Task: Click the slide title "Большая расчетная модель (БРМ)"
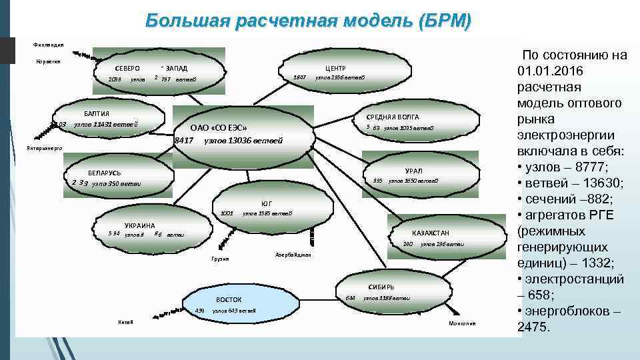308,21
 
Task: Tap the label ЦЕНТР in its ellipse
335,68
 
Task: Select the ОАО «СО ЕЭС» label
219,128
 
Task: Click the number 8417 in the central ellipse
183,141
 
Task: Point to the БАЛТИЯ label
97,113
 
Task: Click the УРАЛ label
413,171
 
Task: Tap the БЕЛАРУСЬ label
105,172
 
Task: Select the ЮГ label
267,203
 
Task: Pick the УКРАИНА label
139,225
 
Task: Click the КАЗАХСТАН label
431,233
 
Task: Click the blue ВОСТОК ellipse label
229,300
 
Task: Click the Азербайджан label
293,255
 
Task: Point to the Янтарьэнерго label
44,147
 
